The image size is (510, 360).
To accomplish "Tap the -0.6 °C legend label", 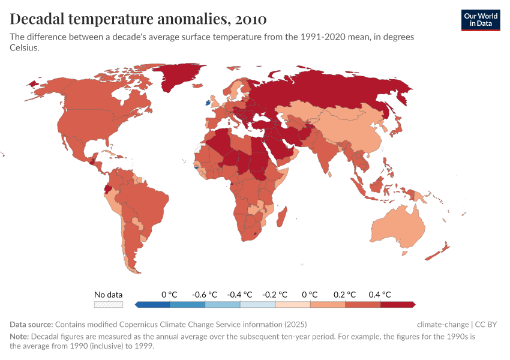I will coord(205,295).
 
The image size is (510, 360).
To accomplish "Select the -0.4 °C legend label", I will coord(239,295).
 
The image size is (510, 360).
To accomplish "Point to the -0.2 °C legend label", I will coord(275,295).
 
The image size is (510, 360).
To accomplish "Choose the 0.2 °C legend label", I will coord(345,295).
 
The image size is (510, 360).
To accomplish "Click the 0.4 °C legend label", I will coord(380,295).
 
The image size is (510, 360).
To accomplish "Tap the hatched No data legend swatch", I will coord(109,304).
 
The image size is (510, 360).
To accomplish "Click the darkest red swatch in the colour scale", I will coord(398,304).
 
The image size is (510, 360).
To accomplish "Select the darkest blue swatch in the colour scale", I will coord(153,304).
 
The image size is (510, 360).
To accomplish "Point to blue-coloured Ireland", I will coord(208,103).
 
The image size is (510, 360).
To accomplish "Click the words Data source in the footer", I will coord(31,325).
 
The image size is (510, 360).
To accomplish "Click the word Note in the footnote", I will coord(19,337).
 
